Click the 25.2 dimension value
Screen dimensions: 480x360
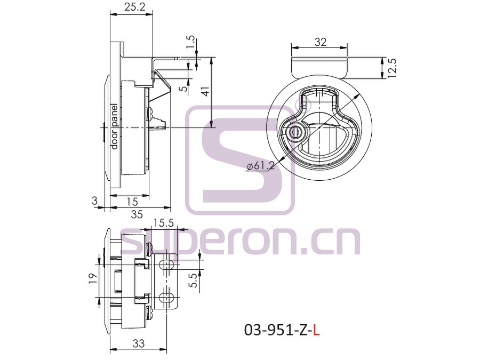(x=135, y=7)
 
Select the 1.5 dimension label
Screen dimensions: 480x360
(x=190, y=42)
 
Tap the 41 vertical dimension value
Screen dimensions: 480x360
(x=205, y=92)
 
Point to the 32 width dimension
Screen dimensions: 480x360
(x=320, y=42)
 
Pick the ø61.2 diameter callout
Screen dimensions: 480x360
(x=260, y=166)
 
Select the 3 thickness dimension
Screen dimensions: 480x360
(x=94, y=201)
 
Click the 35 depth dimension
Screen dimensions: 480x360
(x=137, y=214)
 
